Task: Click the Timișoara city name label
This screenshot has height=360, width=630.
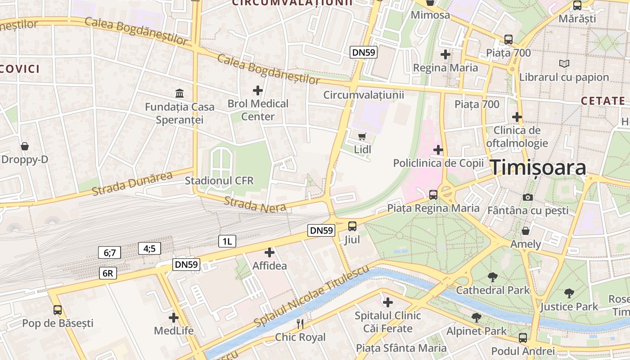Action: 538,167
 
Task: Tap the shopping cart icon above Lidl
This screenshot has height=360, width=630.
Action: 362,136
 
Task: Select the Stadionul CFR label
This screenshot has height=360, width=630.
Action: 219,181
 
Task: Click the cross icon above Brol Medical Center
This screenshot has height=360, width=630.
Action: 257,90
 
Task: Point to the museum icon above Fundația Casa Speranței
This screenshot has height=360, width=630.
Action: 180,94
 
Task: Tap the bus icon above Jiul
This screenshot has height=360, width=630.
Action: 352,226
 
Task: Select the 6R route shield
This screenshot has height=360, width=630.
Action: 108,273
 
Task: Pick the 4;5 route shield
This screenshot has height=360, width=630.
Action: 149,248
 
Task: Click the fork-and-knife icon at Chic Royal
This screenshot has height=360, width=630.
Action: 300,324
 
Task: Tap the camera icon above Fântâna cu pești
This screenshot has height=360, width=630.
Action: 527,197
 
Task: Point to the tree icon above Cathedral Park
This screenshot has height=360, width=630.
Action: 492,277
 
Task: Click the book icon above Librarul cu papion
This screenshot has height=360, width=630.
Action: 564,64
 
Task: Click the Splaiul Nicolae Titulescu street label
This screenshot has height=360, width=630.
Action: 311,296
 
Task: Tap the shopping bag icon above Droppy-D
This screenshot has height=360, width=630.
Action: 25,146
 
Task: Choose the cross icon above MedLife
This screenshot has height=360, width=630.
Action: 174,318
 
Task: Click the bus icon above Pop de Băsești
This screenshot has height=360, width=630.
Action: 58,310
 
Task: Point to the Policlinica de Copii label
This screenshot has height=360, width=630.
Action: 438,163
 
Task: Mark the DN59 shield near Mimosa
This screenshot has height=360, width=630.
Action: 364,52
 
